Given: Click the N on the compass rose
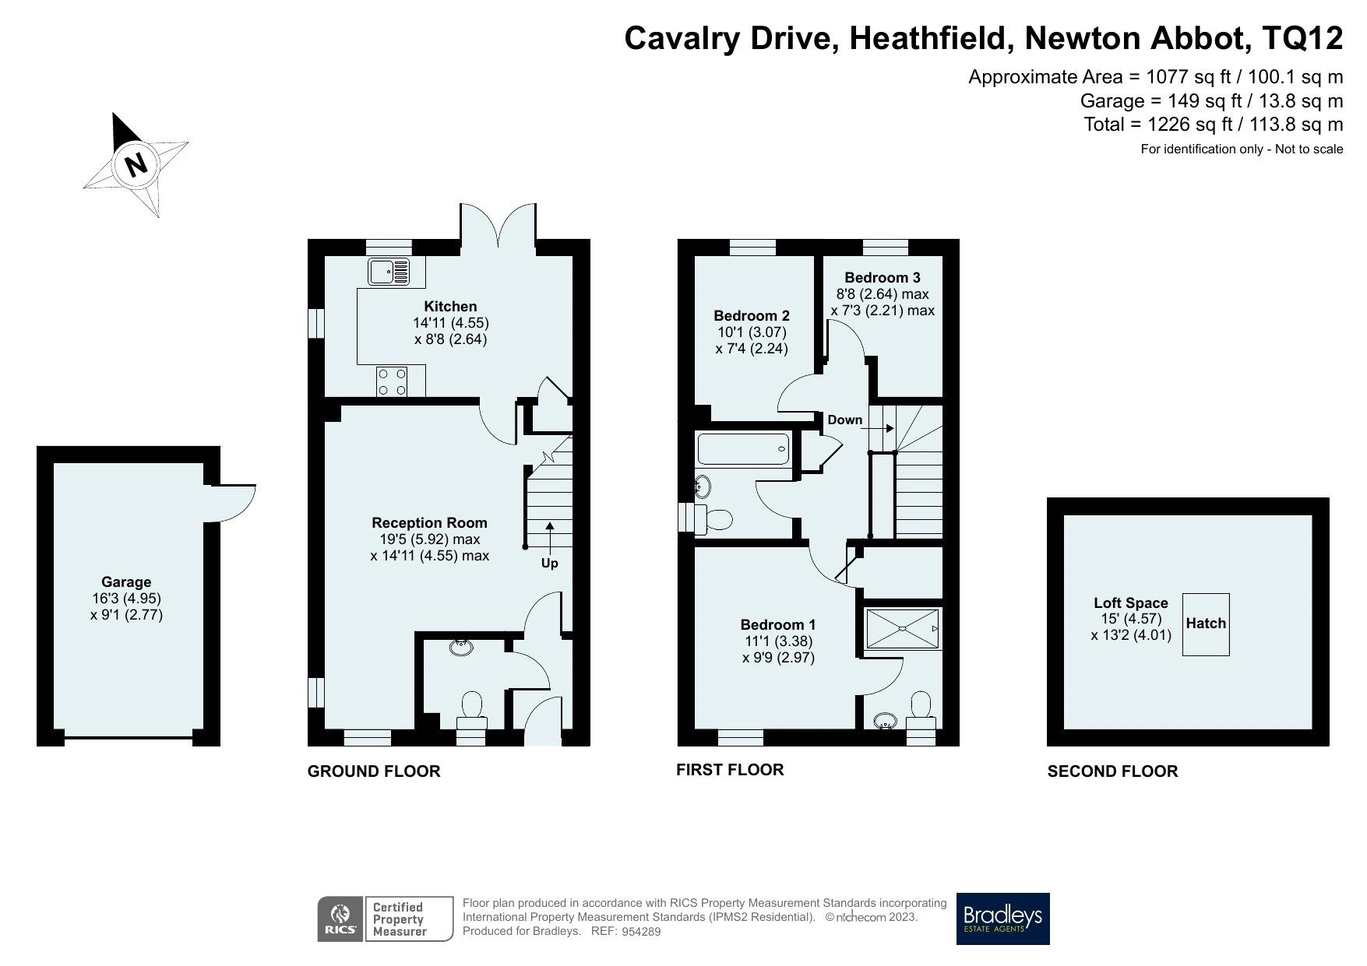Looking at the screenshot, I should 136,164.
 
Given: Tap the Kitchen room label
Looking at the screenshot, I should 450,306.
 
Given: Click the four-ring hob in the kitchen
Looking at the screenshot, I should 392,381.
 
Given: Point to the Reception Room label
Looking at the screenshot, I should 429,523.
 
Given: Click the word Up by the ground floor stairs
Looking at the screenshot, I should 549,563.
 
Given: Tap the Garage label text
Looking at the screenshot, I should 126,582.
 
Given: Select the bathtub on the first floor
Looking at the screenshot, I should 744,449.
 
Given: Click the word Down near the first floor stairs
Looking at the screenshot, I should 845,420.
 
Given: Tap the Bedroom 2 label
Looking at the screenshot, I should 752,315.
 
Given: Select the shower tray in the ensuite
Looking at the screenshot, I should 903,629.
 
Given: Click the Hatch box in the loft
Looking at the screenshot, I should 1206,624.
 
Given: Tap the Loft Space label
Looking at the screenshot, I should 1130,602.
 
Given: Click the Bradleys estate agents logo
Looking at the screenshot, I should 1002,919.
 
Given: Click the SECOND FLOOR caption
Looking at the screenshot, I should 1112,771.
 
